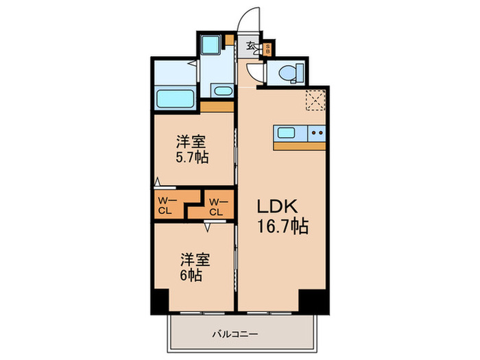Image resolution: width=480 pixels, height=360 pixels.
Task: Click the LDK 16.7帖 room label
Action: tap(282, 216)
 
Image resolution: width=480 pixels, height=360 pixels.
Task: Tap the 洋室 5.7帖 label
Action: tap(191, 149)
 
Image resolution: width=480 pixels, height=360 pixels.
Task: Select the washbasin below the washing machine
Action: tap(221, 91)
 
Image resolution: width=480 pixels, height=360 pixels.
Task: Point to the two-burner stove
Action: tap(317, 133)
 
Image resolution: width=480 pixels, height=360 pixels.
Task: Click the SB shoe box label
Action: tap(268, 49)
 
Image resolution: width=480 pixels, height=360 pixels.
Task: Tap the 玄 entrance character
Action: tap(252, 47)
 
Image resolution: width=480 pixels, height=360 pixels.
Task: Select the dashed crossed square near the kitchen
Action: tap(315, 100)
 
